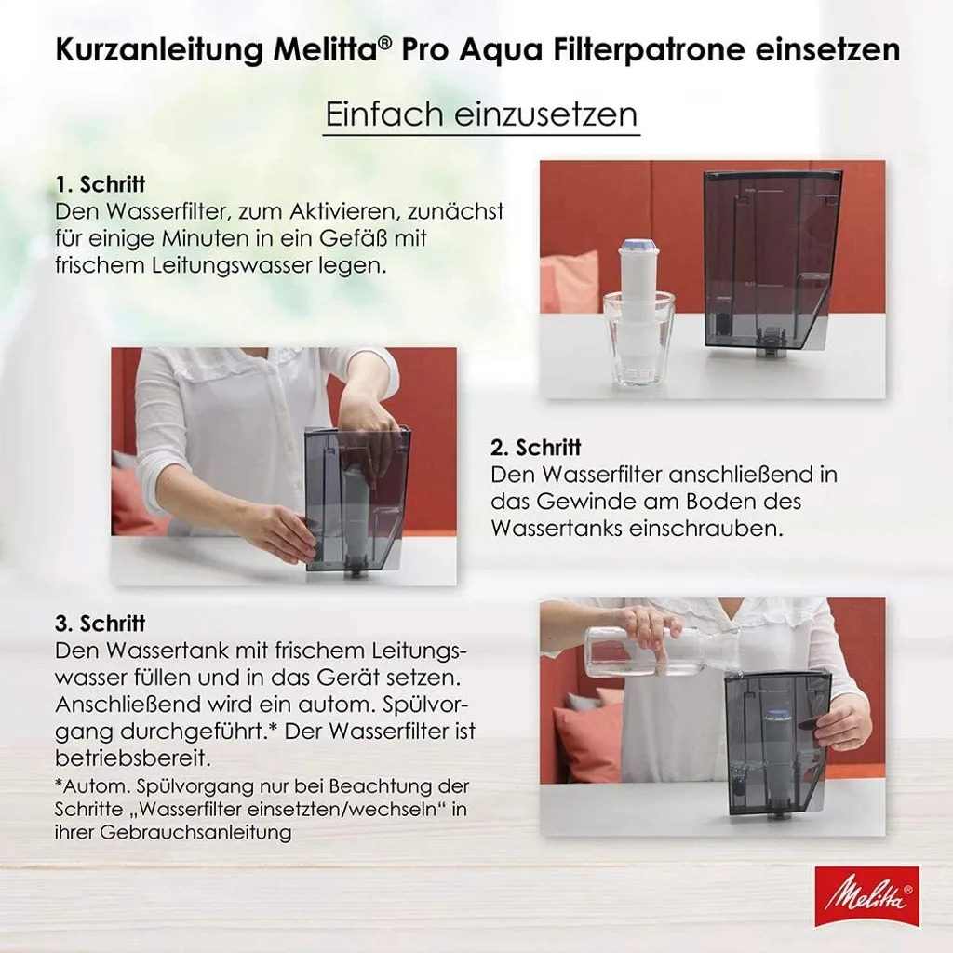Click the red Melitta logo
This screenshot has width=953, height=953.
click(866, 895)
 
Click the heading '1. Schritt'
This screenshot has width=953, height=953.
click(100, 184)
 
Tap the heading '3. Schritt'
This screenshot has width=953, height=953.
click(100, 624)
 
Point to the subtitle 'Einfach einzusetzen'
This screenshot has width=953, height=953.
click(481, 114)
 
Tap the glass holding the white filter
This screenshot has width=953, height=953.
click(638, 339)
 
